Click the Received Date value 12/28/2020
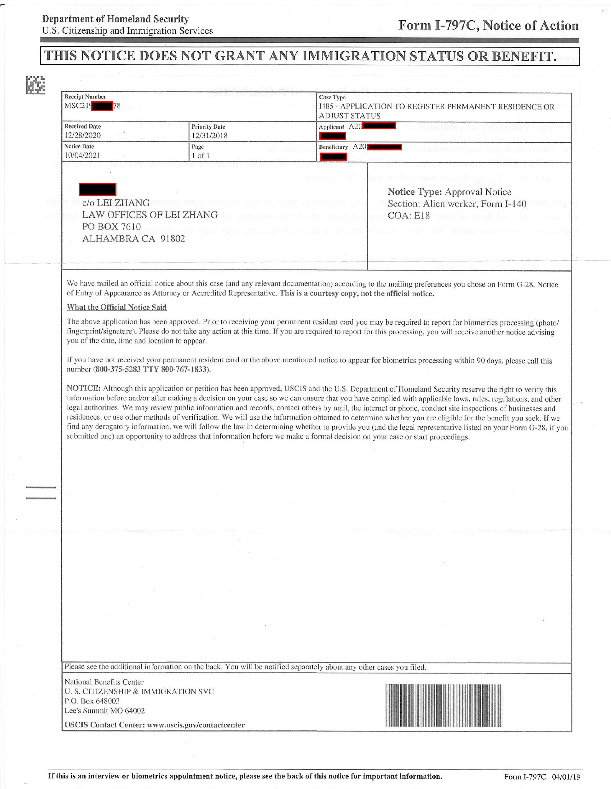point(82,136)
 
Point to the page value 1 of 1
point(201,156)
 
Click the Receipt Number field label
point(85,97)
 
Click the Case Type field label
point(332,97)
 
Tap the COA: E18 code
point(409,216)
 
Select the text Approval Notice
point(478,192)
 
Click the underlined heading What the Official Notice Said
point(116,308)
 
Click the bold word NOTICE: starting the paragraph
point(83,388)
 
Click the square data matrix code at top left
point(35,85)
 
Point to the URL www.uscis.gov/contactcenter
point(196,725)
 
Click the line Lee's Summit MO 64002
point(104,711)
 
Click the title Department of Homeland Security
point(115,19)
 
